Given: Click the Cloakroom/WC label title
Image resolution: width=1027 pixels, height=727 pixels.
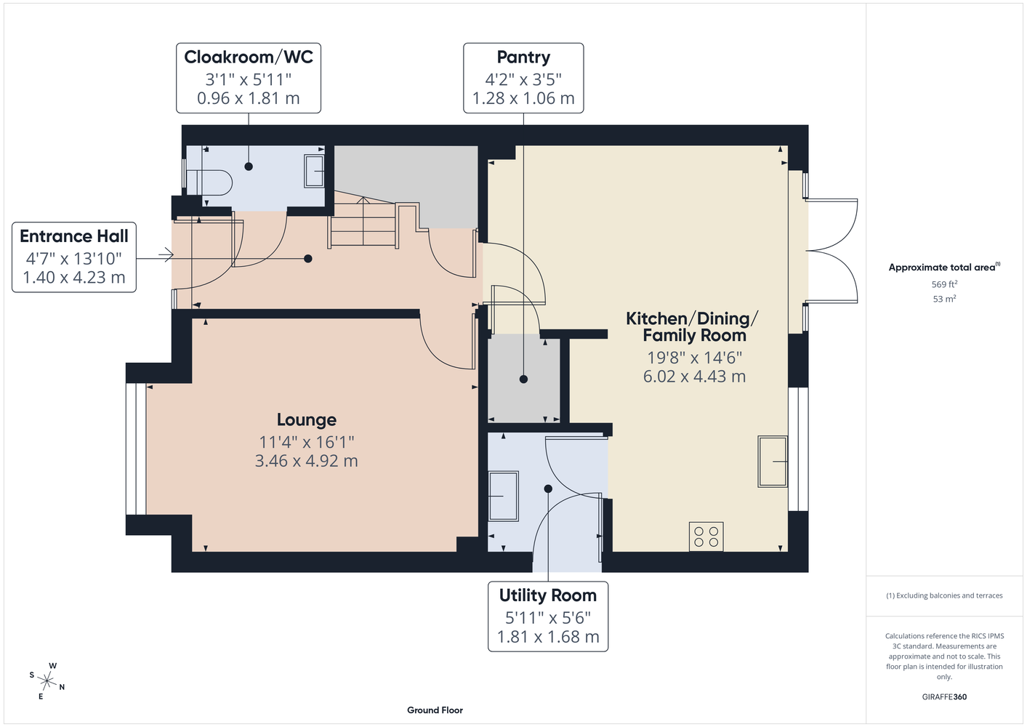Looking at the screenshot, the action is tap(249, 57).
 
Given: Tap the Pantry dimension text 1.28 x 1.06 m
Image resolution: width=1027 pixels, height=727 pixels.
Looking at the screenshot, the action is tap(523, 98).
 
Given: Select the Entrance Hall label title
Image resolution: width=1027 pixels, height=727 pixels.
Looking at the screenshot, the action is tap(74, 236).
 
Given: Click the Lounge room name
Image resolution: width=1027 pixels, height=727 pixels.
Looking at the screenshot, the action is tap(307, 419).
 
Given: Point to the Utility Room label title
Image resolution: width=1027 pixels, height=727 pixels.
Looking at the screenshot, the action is tap(548, 595).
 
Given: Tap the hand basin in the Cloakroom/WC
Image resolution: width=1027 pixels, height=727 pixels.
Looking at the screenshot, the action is tap(315, 171).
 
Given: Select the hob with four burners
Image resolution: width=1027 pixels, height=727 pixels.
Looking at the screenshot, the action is tap(706, 537).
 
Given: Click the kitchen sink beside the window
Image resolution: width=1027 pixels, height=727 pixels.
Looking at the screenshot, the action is tap(773, 462).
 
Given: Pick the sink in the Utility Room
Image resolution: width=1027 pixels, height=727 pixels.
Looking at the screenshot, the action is tap(504, 496).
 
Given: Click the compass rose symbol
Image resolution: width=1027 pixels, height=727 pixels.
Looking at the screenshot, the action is tap(47, 681).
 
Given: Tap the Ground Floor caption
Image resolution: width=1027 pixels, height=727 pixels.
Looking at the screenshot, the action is tap(435, 710).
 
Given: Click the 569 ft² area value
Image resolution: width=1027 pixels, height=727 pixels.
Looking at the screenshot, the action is tap(944, 284).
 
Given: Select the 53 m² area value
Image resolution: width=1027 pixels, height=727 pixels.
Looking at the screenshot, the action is tap(944, 299).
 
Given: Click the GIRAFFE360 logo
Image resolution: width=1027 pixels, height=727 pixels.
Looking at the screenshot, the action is tap(944, 696).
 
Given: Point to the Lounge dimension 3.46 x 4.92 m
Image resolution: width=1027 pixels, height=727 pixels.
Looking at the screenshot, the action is tap(306, 461).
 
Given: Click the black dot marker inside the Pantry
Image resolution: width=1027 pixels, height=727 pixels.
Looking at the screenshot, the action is tap(523, 379).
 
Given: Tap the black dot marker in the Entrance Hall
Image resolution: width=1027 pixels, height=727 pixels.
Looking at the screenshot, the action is tap(308, 259).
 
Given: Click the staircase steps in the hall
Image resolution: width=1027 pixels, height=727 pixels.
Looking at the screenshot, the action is tap(362, 223).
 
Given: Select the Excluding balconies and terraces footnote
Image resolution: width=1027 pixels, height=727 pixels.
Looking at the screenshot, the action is tap(944, 596).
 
